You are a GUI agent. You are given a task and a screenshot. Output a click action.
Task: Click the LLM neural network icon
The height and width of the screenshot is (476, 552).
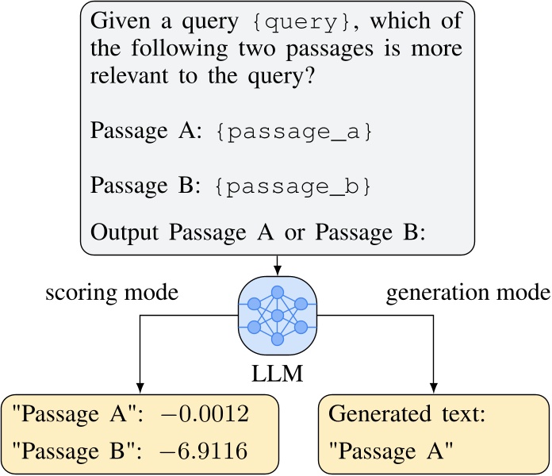(x=277, y=311)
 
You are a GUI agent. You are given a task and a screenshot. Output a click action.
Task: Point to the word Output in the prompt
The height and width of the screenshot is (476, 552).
(x=120, y=236)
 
